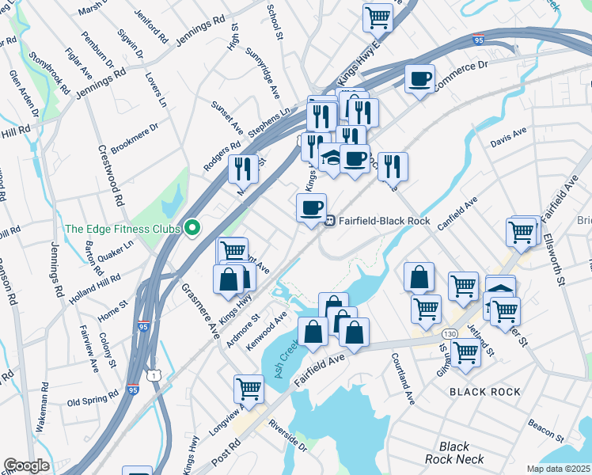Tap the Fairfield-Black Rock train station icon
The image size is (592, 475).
330,221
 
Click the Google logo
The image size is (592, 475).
27,465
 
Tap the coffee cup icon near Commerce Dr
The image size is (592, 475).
419,78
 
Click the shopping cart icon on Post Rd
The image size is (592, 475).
249,389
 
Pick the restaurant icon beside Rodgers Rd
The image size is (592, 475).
243,168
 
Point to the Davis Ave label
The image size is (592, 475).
508,139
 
